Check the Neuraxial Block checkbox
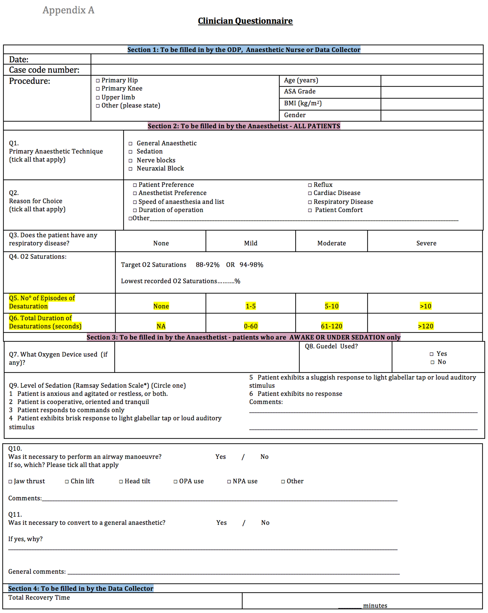[x=131, y=169]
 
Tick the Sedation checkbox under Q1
[x=131, y=152]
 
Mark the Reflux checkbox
[x=310, y=185]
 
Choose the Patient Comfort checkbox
[x=310, y=210]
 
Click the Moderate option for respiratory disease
[x=332, y=243]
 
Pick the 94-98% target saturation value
[x=251, y=265]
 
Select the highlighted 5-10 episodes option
[x=332, y=306]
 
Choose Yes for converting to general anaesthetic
[x=221, y=523]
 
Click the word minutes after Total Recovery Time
[x=375, y=606]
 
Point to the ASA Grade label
[x=300, y=91]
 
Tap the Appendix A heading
[x=68, y=10]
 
